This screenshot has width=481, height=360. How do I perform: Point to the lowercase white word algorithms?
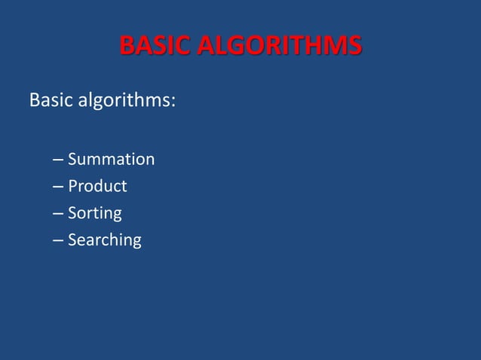pyautogui.click(x=122, y=100)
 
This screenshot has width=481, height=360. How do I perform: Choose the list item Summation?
pyautogui.click(x=111, y=160)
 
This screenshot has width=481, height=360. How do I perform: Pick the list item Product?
pyautogui.click(x=97, y=186)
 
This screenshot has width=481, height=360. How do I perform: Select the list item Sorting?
pyautogui.click(x=94, y=214)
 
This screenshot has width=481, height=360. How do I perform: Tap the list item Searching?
pyautogui.click(x=104, y=241)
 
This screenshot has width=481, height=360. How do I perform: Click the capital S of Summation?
pyautogui.click(x=73, y=160)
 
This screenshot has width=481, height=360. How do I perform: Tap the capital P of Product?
pyautogui.click(x=73, y=186)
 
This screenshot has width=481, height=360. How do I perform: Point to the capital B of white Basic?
pyautogui.click(x=34, y=99)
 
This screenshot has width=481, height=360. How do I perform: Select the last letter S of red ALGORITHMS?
pyautogui.click(x=354, y=46)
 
